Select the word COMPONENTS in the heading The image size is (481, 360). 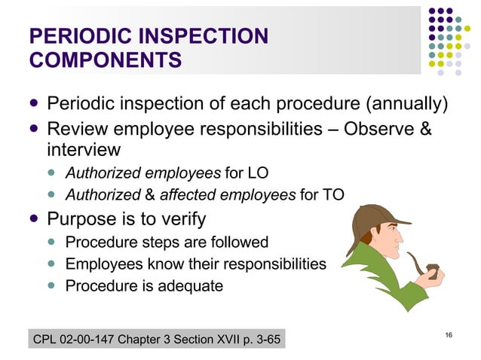(104, 60)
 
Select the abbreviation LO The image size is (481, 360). (256, 174)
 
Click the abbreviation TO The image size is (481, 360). (332, 196)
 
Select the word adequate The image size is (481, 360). (195, 286)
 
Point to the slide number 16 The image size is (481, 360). (449, 334)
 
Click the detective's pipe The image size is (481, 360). (422, 267)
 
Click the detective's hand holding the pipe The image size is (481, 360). (434, 276)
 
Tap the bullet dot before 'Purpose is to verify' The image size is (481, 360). (34, 220)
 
